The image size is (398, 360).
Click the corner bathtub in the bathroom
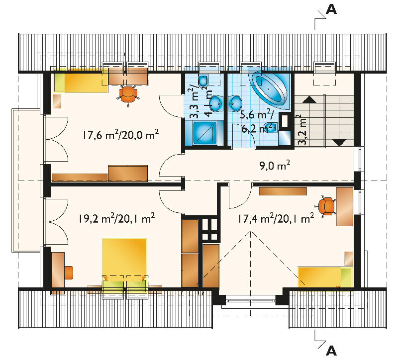269,89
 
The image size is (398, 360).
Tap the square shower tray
205,133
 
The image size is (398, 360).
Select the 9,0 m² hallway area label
275,166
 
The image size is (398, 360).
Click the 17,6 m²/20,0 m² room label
121,134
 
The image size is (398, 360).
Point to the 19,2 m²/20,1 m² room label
117,218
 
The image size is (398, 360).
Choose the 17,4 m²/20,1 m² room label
276,218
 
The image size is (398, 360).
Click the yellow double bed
125,263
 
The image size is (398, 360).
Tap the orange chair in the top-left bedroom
128,95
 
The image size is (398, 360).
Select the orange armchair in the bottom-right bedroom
326,206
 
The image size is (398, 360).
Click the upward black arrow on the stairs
309,99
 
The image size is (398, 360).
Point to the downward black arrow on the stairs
339,143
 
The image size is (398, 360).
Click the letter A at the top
331,9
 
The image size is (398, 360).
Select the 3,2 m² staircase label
302,130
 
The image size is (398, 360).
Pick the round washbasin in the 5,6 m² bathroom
235,103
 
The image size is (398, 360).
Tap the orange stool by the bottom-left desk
69,272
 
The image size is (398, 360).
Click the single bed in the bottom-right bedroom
325,277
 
